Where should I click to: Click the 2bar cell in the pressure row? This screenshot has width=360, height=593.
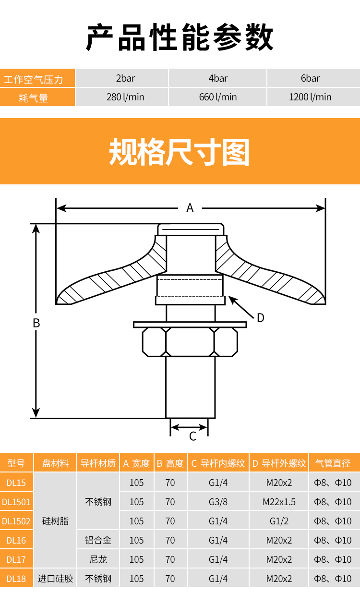tap(122, 78)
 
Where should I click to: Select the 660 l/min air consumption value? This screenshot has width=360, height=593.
tap(218, 97)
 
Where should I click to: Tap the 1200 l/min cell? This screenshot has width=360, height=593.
tap(310, 97)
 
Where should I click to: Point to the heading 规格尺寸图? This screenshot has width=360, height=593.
tap(180, 152)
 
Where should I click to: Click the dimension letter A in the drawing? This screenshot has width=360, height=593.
tap(190, 208)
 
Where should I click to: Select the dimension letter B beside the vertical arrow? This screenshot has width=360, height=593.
tap(36, 323)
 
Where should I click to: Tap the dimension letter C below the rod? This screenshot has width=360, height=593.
tap(192, 436)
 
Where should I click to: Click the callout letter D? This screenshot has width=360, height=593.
tap(260, 317)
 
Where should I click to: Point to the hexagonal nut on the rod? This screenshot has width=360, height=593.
tap(190, 342)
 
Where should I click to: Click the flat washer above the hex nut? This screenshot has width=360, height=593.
tap(190, 325)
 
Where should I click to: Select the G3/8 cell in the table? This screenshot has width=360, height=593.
tap(218, 502)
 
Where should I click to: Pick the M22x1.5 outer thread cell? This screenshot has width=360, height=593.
tap(279, 502)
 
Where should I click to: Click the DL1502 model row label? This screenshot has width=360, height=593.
tap(16, 521)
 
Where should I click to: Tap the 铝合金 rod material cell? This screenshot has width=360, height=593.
tap(98, 540)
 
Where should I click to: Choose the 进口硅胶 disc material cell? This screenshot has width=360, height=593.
tap(56, 579)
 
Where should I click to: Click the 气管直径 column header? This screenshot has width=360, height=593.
tap(333, 463)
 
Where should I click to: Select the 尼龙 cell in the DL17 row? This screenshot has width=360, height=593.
tap(98, 559)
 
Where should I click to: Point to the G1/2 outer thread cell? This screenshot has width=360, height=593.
tap(279, 521)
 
